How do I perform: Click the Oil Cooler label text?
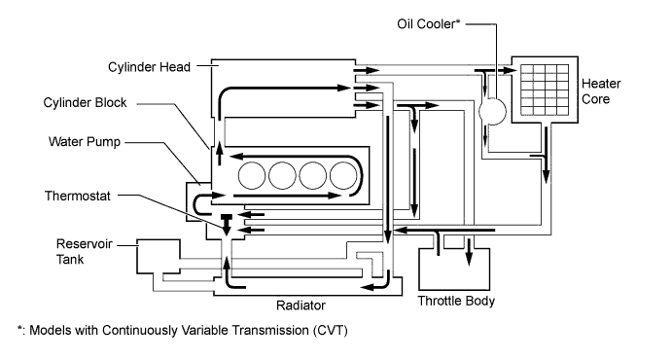(428, 24)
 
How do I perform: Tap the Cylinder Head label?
(149, 67)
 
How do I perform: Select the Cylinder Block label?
(85, 103)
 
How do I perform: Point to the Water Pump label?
(85, 142)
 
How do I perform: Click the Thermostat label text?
(78, 196)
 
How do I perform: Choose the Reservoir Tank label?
(78, 252)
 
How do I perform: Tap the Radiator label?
(301, 306)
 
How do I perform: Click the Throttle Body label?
(456, 301)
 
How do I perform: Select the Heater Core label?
(601, 91)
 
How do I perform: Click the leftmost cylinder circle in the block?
(252, 176)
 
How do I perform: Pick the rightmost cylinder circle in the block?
(343, 176)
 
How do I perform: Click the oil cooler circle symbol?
(492, 111)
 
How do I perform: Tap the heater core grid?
(545, 90)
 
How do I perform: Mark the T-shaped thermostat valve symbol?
(227, 224)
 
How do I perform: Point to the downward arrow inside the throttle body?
(470, 252)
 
